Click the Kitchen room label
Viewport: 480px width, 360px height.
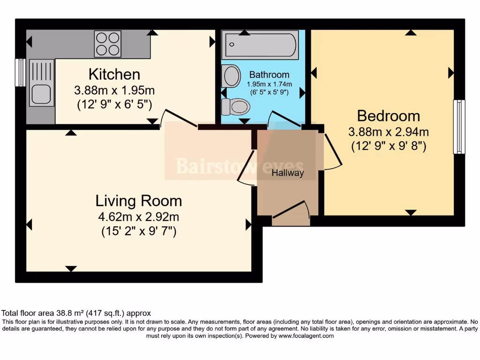tap(114, 75)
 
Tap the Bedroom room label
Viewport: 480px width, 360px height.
tap(388, 116)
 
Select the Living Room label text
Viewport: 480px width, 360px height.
tap(139, 201)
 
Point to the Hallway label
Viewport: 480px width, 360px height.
tap(288, 173)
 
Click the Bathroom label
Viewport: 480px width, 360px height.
tap(269, 75)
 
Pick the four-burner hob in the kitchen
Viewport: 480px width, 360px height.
tap(107, 44)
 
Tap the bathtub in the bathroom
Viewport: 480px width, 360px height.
tap(260, 45)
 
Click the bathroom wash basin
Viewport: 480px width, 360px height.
tap(231, 76)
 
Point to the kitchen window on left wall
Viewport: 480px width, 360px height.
tap(20, 73)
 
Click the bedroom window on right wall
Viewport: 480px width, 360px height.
tap(459, 127)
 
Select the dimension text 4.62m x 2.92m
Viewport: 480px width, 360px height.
tap(139, 217)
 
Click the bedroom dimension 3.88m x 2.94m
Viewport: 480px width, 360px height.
tap(388, 132)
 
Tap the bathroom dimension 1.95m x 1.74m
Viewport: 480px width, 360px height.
tap(269, 84)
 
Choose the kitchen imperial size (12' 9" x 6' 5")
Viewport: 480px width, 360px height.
tap(114, 104)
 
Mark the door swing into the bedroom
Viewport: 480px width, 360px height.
tap(332, 151)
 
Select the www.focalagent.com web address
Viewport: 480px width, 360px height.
tap(306, 336)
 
